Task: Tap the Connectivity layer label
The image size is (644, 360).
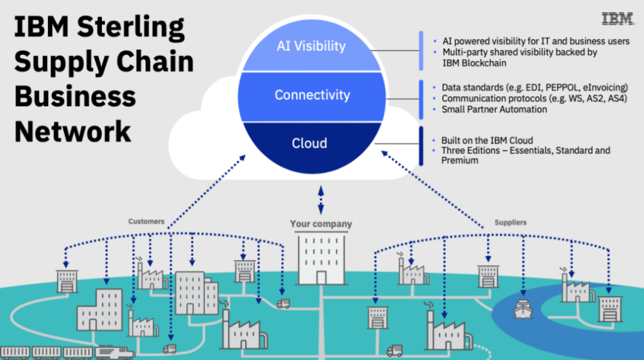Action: (312, 95)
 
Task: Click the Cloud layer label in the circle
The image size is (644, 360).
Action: (309, 143)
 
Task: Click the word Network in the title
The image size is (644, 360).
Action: (73, 132)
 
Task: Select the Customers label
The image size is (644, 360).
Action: (147, 222)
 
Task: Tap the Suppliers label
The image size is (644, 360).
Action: (510, 222)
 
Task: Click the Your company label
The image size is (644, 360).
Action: (321, 224)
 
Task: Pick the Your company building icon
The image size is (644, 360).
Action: (321, 259)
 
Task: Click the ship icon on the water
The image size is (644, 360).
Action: (523, 308)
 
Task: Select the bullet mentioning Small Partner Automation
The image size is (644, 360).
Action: (494, 110)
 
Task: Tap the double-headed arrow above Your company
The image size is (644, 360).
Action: (321, 200)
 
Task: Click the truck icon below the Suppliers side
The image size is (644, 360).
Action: (394, 351)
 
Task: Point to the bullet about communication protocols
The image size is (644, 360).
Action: (526, 98)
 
